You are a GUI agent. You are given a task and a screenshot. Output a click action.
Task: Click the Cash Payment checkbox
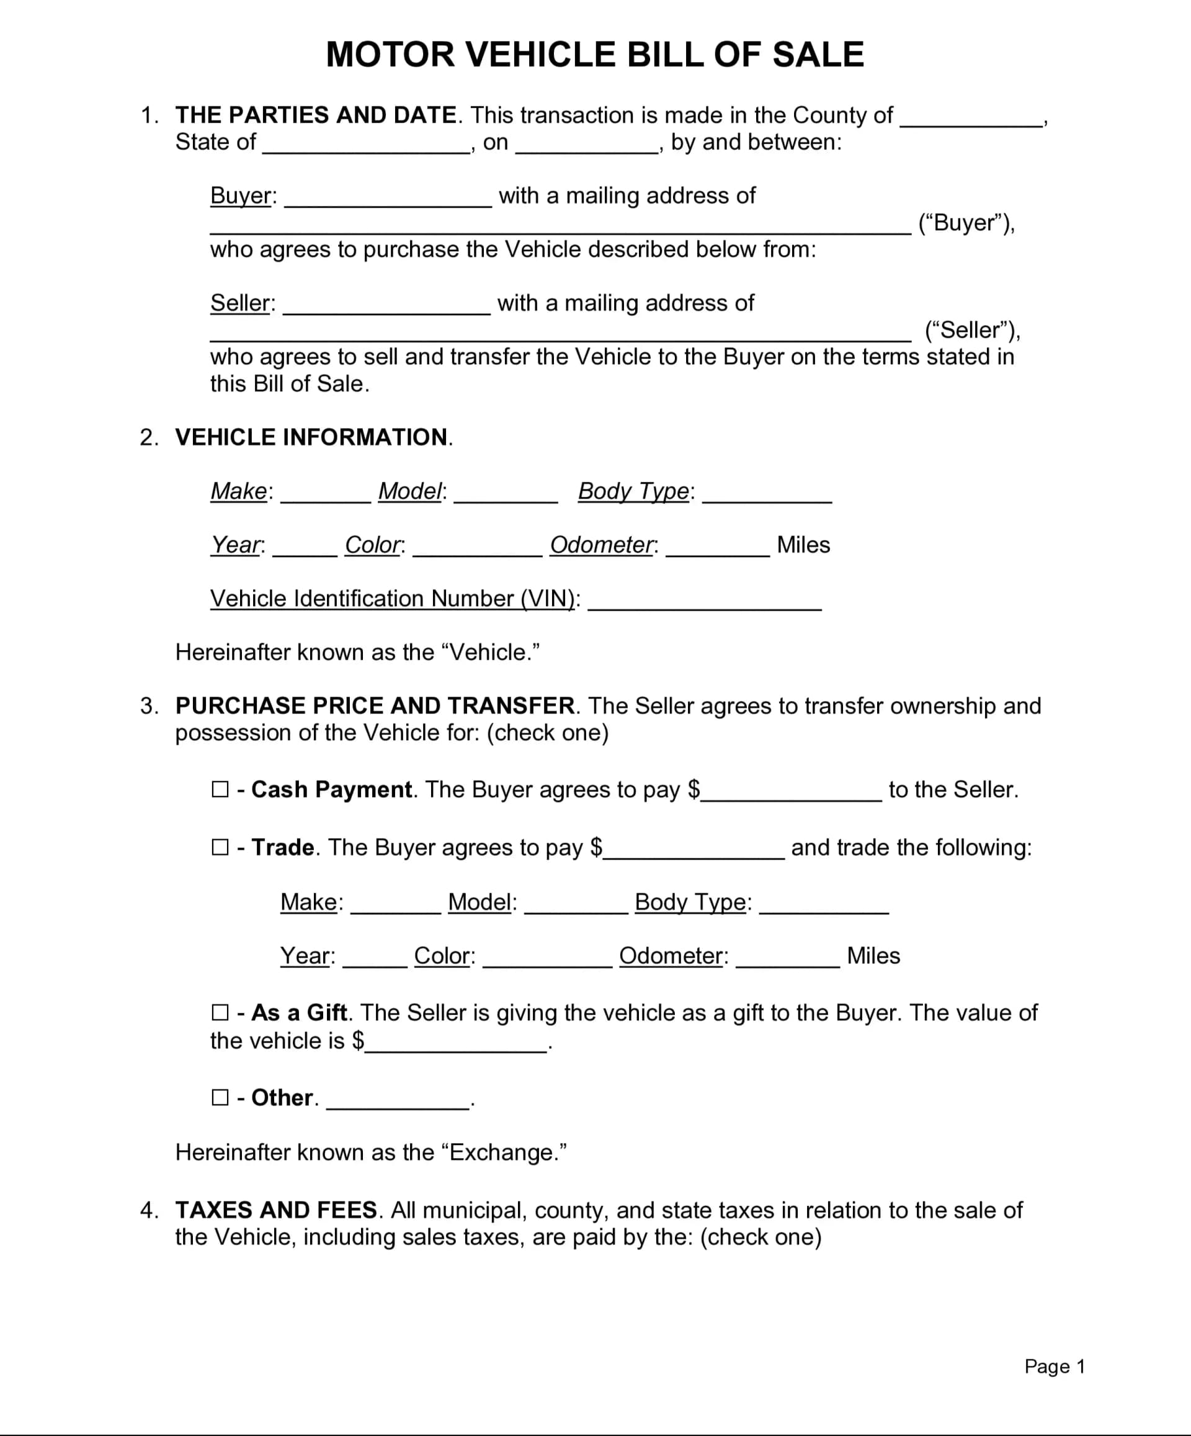pos(220,790)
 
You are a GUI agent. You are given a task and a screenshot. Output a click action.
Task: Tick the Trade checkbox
pos(220,847)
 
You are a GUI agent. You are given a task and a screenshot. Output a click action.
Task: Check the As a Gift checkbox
pos(220,1012)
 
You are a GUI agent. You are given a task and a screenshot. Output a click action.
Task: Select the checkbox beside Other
pos(220,1097)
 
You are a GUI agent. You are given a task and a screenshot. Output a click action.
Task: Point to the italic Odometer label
pos(602,545)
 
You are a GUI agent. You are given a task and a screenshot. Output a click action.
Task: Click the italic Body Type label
pos(634,491)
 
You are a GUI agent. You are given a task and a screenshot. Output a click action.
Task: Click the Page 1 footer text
pos(1055,1367)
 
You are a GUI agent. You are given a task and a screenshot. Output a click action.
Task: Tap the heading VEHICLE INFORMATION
pos(311,437)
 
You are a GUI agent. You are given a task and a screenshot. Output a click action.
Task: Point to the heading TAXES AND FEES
pos(276,1210)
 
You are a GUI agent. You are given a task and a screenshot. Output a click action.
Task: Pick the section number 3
pos(148,706)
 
